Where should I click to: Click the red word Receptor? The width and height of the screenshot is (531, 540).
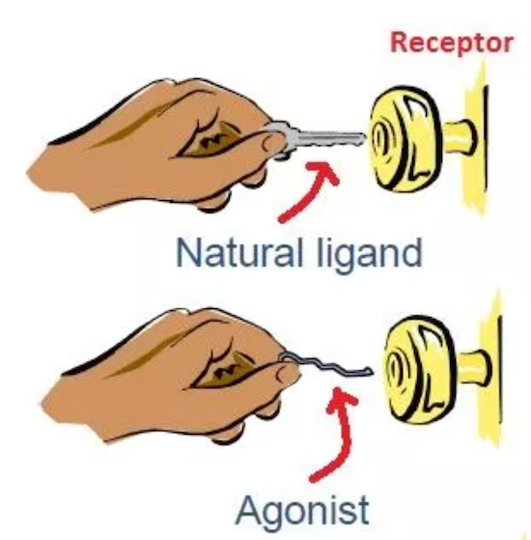(x=452, y=43)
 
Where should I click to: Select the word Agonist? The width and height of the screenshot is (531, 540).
(x=302, y=510)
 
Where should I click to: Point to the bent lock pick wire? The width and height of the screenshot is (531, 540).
(x=327, y=366)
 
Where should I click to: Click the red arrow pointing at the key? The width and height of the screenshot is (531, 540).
(x=307, y=193)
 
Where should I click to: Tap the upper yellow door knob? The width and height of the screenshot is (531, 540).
(x=406, y=139)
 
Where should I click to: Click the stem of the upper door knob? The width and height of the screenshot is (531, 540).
(x=460, y=137)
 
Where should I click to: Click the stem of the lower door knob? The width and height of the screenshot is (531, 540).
(x=473, y=367)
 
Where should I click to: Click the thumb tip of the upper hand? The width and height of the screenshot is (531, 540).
(x=275, y=143)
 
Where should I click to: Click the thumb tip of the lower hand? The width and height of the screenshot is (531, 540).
(x=289, y=374)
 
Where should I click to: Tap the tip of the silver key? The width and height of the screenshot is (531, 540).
(x=364, y=138)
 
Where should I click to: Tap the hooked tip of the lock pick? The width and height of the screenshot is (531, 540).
(x=371, y=371)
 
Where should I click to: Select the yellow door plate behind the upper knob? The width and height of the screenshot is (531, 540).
(x=477, y=138)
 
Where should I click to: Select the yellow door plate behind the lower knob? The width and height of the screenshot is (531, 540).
(x=491, y=368)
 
